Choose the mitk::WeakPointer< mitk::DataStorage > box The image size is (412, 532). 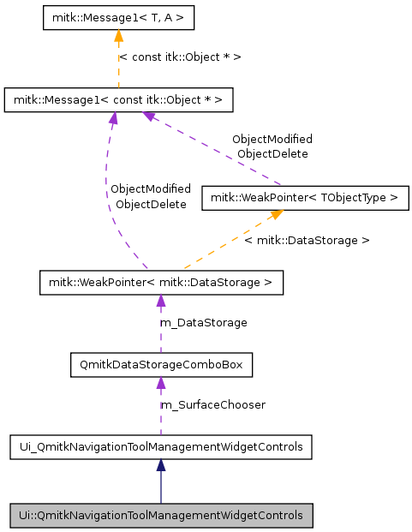point(160,282)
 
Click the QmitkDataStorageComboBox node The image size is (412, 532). point(160,365)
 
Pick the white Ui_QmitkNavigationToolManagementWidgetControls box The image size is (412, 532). point(160,446)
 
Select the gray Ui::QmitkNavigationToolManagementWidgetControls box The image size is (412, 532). point(160,516)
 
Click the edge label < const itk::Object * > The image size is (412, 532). point(180,57)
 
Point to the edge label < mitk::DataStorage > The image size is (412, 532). point(307,241)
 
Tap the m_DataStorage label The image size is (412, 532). point(204,323)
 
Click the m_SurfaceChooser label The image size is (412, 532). point(213,404)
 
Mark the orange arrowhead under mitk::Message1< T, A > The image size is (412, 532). point(117,36)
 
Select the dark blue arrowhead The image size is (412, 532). point(160,465)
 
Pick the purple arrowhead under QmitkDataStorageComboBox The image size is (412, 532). point(160,383)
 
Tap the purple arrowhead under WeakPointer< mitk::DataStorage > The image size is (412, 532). point(160,301)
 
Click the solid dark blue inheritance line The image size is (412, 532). point(160,488)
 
